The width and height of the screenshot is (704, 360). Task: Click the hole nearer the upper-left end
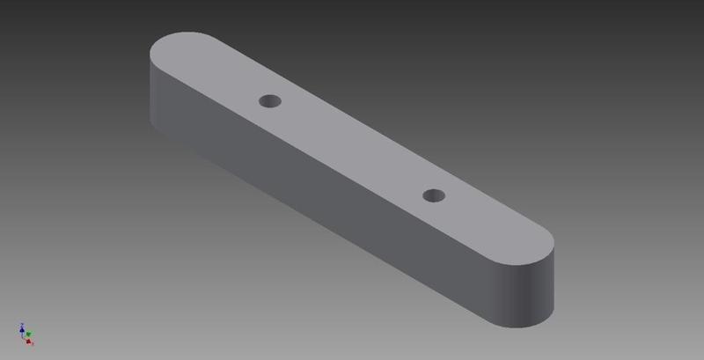pos(270,101)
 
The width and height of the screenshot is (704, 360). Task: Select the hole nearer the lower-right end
pos(433,195)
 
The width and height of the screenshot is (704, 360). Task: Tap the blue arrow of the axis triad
pos(20,326)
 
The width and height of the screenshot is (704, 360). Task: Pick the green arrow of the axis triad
pos(29,334)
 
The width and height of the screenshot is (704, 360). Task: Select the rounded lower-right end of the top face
pos(528,246)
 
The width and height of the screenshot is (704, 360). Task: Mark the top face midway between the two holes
pos(352,148)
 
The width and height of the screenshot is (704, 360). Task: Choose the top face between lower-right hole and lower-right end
pos(484,224)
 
